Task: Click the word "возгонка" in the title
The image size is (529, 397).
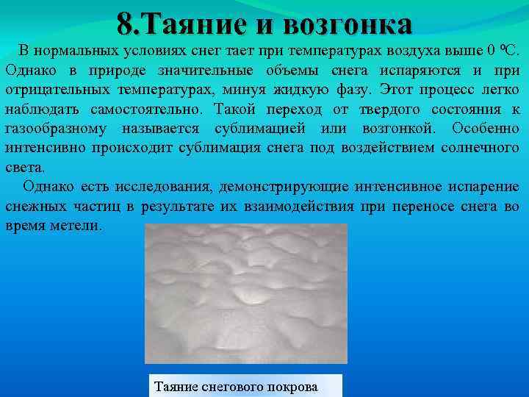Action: (x=348, y=25)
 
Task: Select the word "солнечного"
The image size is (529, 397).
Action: (x=481, y=148)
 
